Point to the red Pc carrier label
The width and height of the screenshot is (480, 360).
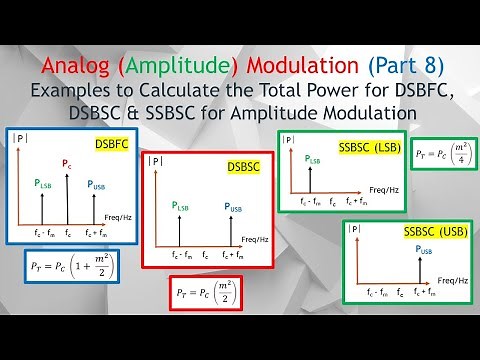click(67, 162)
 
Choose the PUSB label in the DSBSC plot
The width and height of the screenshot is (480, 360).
click(233, 208)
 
